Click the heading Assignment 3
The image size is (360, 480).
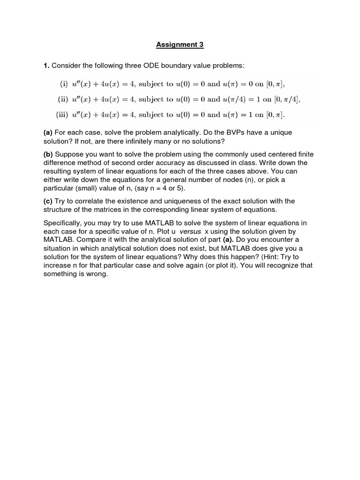pos(180,45)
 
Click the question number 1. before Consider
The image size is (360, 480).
pos(46,65)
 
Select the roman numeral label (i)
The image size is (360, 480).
pos(64,84)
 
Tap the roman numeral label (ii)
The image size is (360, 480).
pos(63,99)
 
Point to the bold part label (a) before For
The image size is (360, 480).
pos(48,133)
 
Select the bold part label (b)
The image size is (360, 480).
pos(48,154)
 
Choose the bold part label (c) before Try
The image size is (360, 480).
pos(48,201)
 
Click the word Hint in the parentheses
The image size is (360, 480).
pos(266,257)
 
